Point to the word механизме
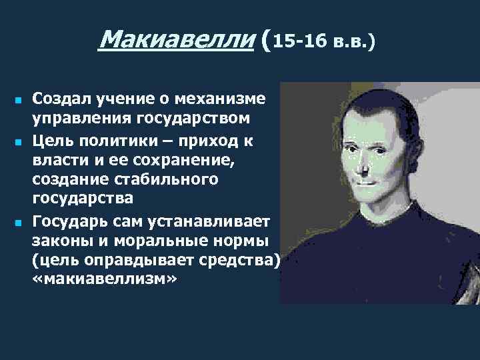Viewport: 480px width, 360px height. click(229, 99)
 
